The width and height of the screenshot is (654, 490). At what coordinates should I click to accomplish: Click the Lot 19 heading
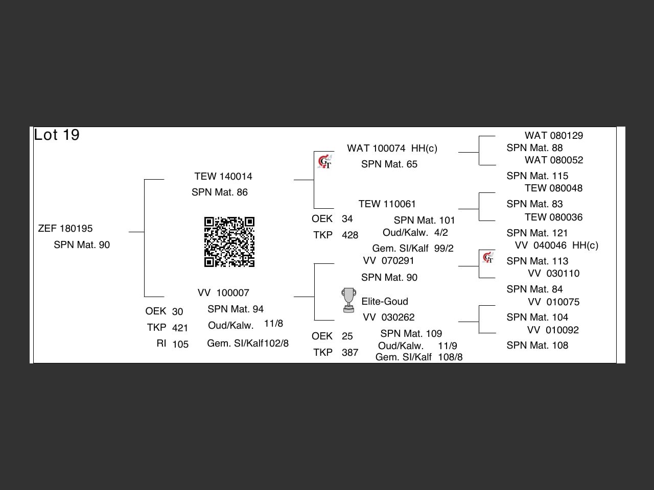(x=57, y=135)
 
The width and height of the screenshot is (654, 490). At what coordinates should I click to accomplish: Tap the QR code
(x=229, y=242)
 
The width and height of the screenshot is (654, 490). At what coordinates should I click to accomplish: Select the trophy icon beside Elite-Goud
(x=348, y=300)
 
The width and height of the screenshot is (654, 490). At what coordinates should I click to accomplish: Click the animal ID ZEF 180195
(x=65, y=229)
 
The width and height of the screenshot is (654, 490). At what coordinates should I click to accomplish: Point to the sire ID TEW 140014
(x=223, y=177)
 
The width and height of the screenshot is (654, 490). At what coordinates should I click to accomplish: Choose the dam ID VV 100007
(x=223, y=293)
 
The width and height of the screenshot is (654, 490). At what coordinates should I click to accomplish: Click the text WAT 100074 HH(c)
(x=392, y=149)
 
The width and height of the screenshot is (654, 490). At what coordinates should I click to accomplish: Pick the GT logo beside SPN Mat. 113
(x=488, y=257)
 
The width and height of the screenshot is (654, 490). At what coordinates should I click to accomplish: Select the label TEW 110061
(x=387, y=204)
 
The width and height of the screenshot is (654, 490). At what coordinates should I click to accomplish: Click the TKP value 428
(x=350, y=235)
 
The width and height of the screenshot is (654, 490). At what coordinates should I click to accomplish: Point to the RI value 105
(x=180, y=345)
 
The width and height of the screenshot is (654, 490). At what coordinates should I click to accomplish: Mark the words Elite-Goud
(x=385, y=302)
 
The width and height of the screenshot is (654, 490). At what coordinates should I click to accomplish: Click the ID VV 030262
(x=388, y=317)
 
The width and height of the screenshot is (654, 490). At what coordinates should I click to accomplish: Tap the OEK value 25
(x=347, y=336)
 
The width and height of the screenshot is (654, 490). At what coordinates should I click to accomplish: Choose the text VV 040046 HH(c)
(x=556, y=246)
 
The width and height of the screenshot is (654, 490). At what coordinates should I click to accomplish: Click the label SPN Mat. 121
(x=538, y=233)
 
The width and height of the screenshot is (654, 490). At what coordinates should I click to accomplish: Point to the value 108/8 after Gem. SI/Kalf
(x=450, y=357)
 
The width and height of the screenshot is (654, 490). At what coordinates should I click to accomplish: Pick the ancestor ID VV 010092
(x=553, y=330)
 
